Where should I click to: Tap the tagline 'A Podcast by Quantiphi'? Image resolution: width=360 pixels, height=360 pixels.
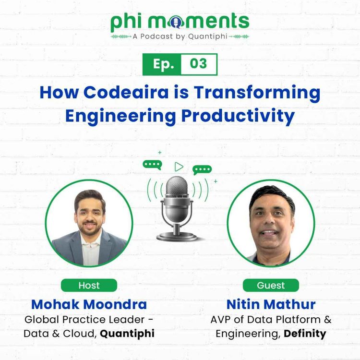pos(180,37)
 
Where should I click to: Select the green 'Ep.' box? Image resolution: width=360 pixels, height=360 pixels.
pos(162,64)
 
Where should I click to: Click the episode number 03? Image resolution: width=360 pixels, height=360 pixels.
pos(198,64)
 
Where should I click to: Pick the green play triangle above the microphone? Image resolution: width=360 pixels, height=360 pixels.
pos(179,167)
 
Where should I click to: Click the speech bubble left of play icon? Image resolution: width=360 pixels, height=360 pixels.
pos(153,165)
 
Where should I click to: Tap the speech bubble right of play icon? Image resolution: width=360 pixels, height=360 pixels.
pos(202,169)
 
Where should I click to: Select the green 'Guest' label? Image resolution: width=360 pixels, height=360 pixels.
pos(271,285)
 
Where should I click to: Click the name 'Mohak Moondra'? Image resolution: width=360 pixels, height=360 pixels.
pos(89,304)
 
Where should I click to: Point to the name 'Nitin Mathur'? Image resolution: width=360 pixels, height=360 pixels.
pos(271,304)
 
